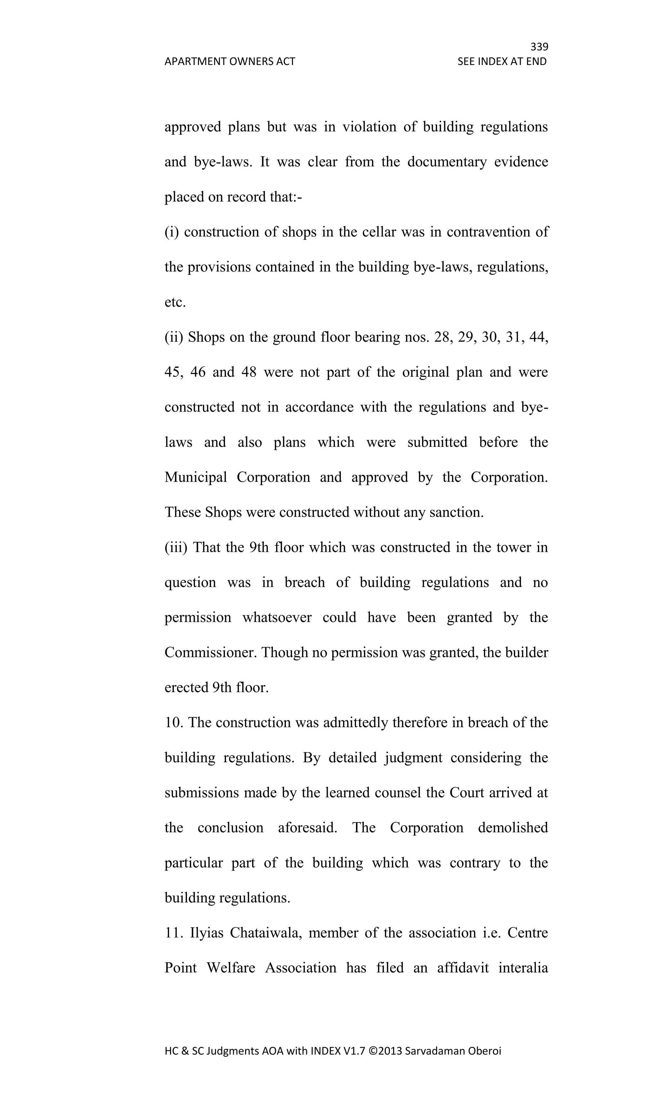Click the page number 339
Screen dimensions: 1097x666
click(539, 47)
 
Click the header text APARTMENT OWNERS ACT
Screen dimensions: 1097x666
click(230, 61)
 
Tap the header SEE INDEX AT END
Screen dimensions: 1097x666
click(502, 61)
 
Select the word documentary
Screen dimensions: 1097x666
click(446, 162)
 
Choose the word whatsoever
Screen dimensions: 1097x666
click(277, 618)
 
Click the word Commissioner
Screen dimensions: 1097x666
click(211, 653)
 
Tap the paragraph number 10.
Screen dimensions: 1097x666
click(174, 723)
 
